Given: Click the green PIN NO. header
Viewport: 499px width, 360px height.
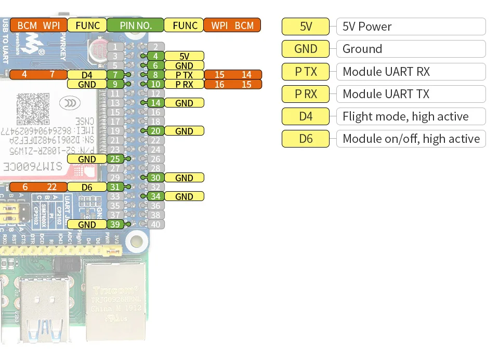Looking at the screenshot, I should click(x=136, y=25).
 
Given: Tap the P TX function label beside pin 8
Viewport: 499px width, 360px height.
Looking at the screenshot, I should click(x=185, y=75).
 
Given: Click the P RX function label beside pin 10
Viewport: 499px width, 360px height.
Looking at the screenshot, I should click(x=185, y=84).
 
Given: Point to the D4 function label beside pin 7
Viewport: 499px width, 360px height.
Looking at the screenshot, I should click(x=87, y=75).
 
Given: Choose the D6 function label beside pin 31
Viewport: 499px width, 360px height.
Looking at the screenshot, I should click(x=87, y=187).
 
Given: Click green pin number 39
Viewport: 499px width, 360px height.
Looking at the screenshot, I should click(x=115, y=224).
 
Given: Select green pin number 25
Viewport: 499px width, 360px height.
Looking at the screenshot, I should click(x=115, y=159).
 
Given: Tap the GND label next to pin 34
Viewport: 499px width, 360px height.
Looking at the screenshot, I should click(x=185, y=196).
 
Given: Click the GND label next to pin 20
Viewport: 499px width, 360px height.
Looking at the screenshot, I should click(x=185, y=131).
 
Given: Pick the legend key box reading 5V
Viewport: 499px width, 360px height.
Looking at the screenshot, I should click(x=306, y=26).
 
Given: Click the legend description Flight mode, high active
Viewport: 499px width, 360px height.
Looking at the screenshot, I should click(x=411, y=116).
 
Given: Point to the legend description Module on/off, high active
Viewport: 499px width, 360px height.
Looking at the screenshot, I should click(x=411, y=139).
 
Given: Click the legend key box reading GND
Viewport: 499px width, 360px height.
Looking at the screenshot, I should click(x=306, y=49).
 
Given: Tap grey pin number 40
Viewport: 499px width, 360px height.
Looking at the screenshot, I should click(x=156, y=224).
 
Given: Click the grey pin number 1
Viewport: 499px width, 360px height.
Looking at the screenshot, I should click(x=115, y=47).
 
